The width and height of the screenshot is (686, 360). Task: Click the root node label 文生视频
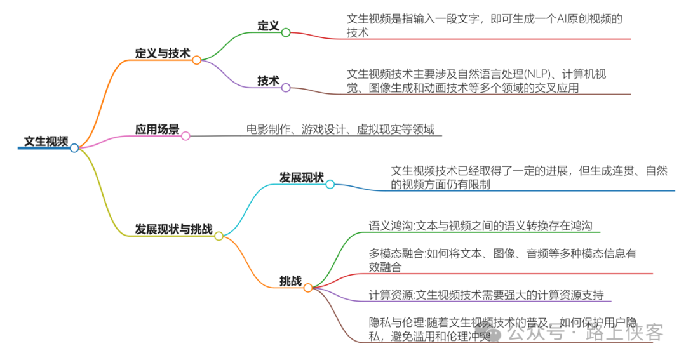pyautogui.click(x=46, y=141)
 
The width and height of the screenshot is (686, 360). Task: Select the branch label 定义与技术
pyautogui.click(x=162, y=53)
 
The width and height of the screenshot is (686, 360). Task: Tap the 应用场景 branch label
pyautogui.click(x=157, y=130)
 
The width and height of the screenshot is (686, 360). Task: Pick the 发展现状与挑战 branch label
pyautogui.click(x=173, y=229)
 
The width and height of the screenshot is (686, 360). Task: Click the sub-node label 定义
pyautogui.click(x=268, y=25)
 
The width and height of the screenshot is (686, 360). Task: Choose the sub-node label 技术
pyautogui.click(x=268, y=81)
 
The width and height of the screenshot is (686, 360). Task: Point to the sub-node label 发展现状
pyautogui.click(x=301, y=177)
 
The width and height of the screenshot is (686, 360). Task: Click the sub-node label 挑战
pyautogui.click(x=290, y=281)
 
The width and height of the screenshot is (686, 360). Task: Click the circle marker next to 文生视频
pyautogui.click(x=74, y=148)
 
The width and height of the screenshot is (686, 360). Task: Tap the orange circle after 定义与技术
pyautogui.click(x=197, y=60)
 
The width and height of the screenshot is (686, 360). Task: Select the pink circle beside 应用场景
pyautogui.click(x=185, y=136)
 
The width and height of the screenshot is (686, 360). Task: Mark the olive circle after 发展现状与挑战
pyautogui.click(x=219, y=236)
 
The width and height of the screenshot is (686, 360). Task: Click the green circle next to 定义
pyautogui.click(x=286, y=32)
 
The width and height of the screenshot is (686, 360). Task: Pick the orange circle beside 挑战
pyautogui.click(x=308, y=288)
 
